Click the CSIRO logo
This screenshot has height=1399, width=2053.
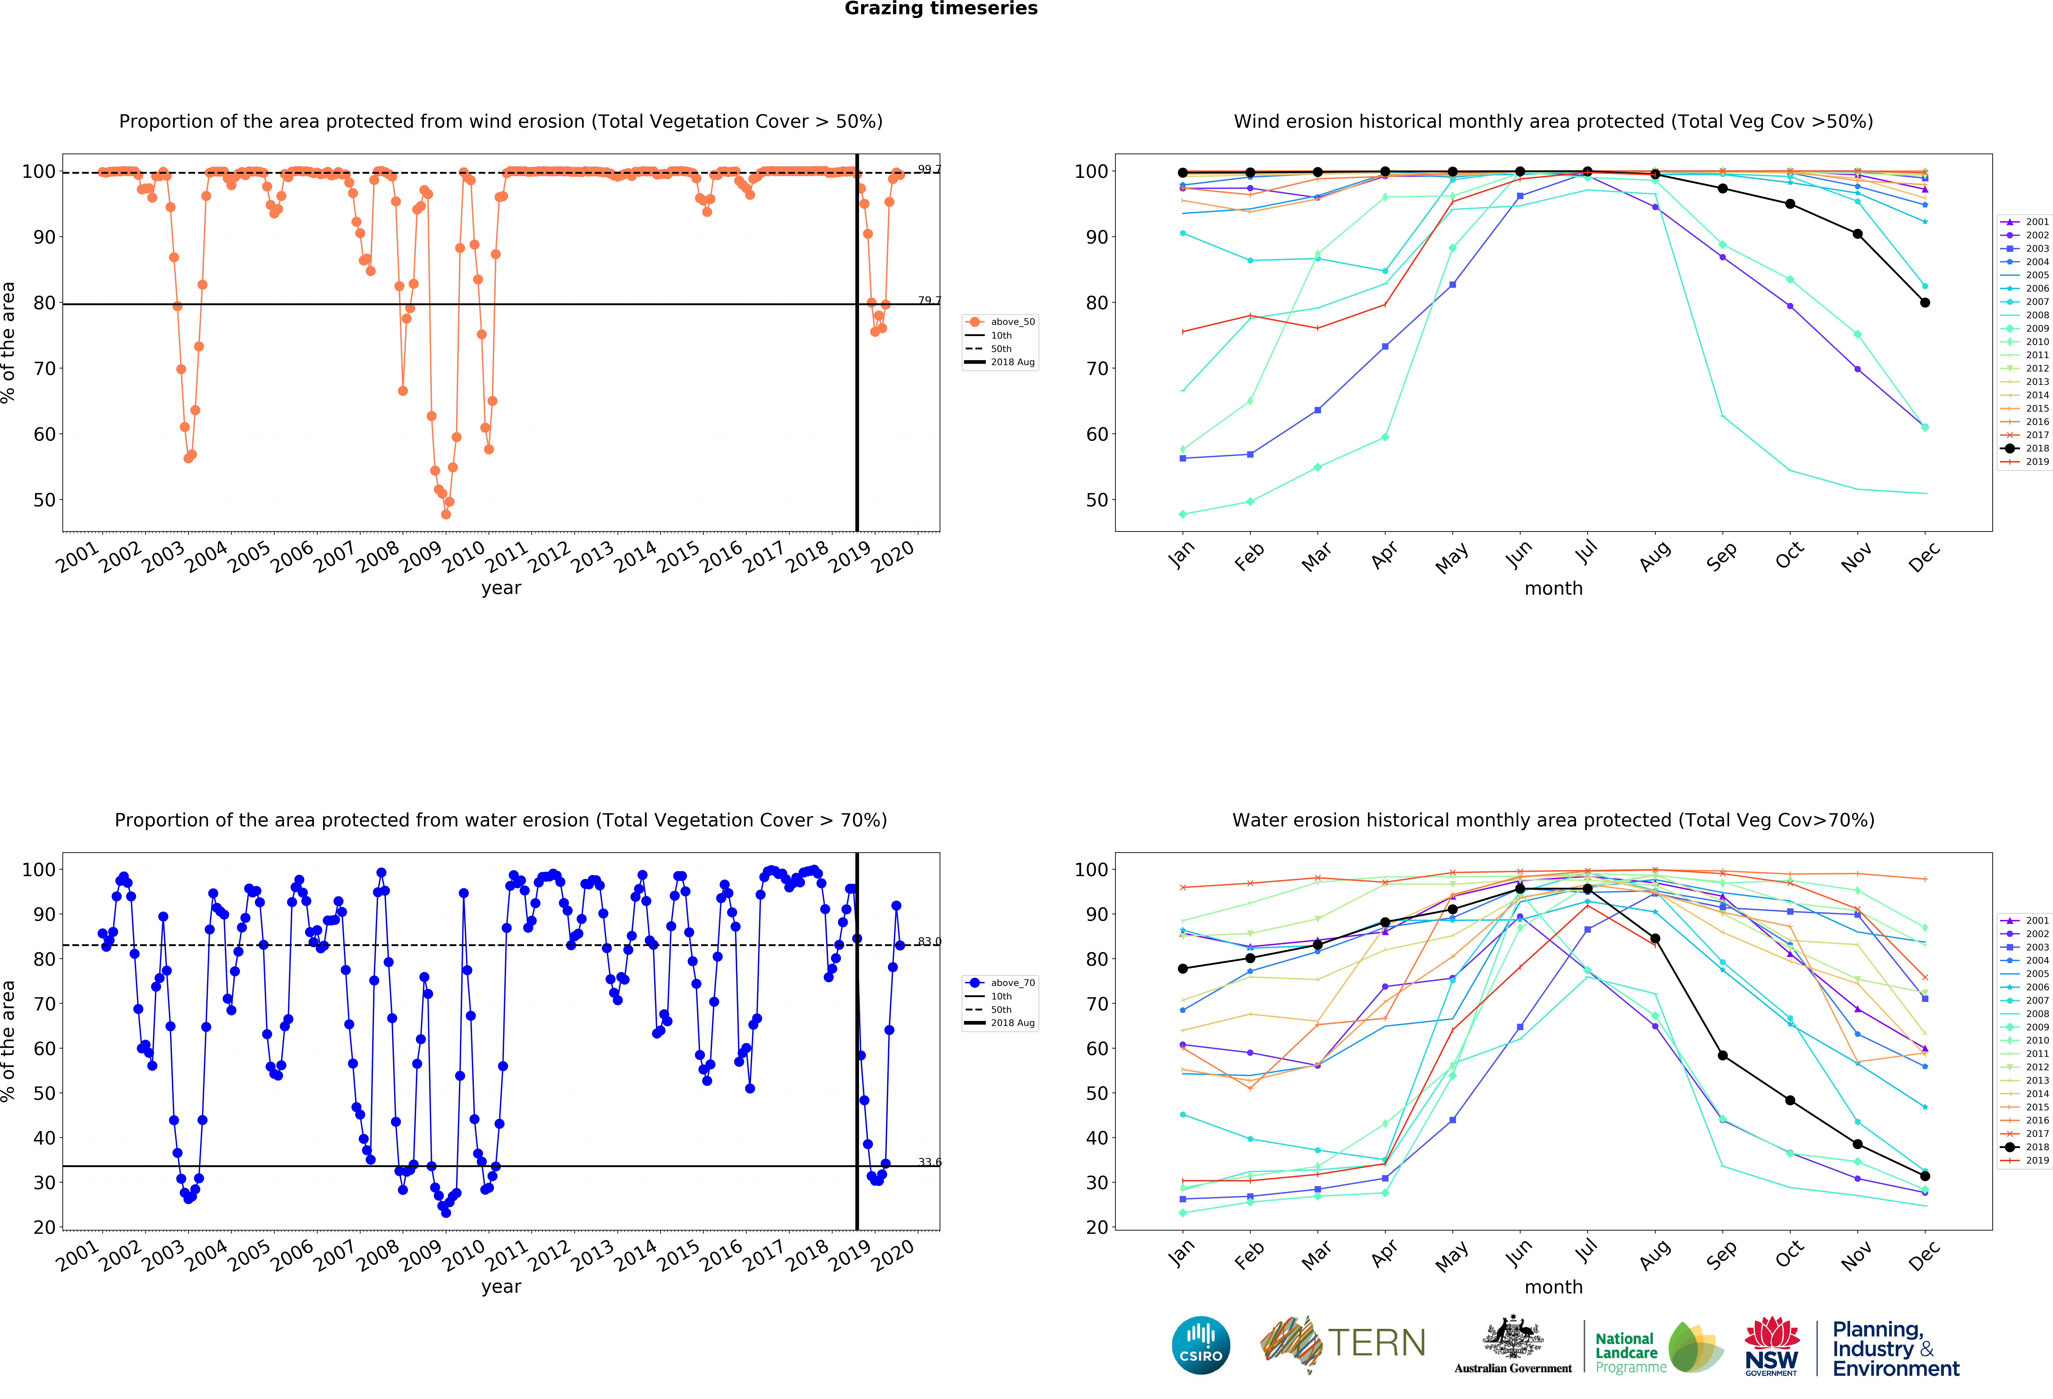[x=1201, y=1345]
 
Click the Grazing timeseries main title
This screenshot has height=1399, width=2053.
[x=941, y=9]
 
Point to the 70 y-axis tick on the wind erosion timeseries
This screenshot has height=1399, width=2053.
[x=44, y=368]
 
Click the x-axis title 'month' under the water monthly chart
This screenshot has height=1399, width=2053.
[x=1553, y=1287]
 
